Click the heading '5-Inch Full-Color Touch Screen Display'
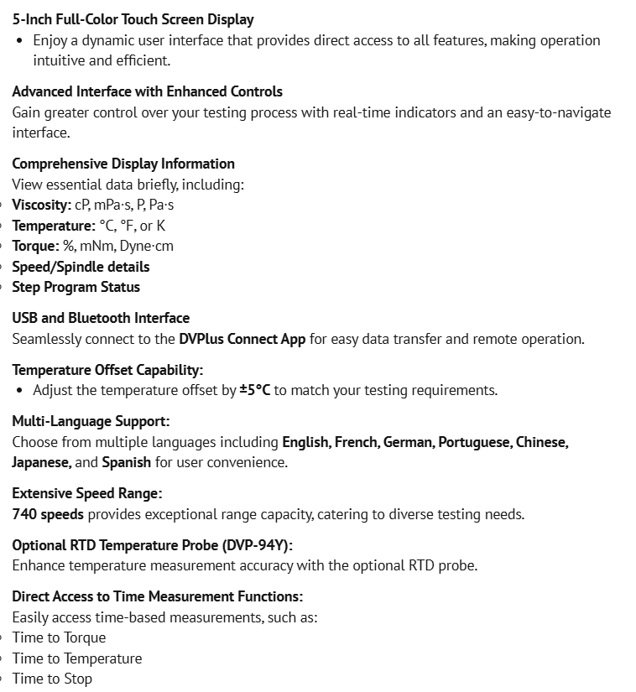133,19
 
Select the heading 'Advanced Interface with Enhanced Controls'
147,91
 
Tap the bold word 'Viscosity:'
41,205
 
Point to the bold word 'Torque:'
35,246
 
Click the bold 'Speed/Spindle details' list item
81,267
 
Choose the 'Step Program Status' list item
76,287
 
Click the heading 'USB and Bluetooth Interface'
101,318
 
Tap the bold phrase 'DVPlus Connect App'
242,339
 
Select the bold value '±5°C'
255,390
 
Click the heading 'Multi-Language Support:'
91,421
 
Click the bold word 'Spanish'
127,462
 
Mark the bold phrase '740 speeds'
48,514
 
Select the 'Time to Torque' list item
59,637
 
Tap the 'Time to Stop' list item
52,679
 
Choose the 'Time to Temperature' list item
77,658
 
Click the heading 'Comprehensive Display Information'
123,164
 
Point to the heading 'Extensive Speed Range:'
87,493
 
